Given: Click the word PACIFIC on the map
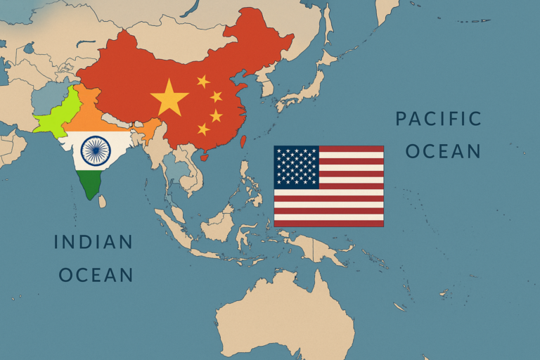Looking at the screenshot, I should point(438,118).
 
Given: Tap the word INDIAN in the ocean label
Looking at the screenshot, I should point(94,242).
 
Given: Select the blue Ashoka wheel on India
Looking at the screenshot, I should point(95,149).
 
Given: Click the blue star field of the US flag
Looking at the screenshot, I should point(296,167).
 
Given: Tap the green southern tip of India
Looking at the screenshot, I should point(89,184).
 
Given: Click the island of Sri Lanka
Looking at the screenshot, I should point(102,202).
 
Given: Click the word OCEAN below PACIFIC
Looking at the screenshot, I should point(442,150).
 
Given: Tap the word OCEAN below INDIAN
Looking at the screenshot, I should point(96,274).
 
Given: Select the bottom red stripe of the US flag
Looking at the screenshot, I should point(328,223).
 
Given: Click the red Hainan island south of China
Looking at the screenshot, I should point(205,157).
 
